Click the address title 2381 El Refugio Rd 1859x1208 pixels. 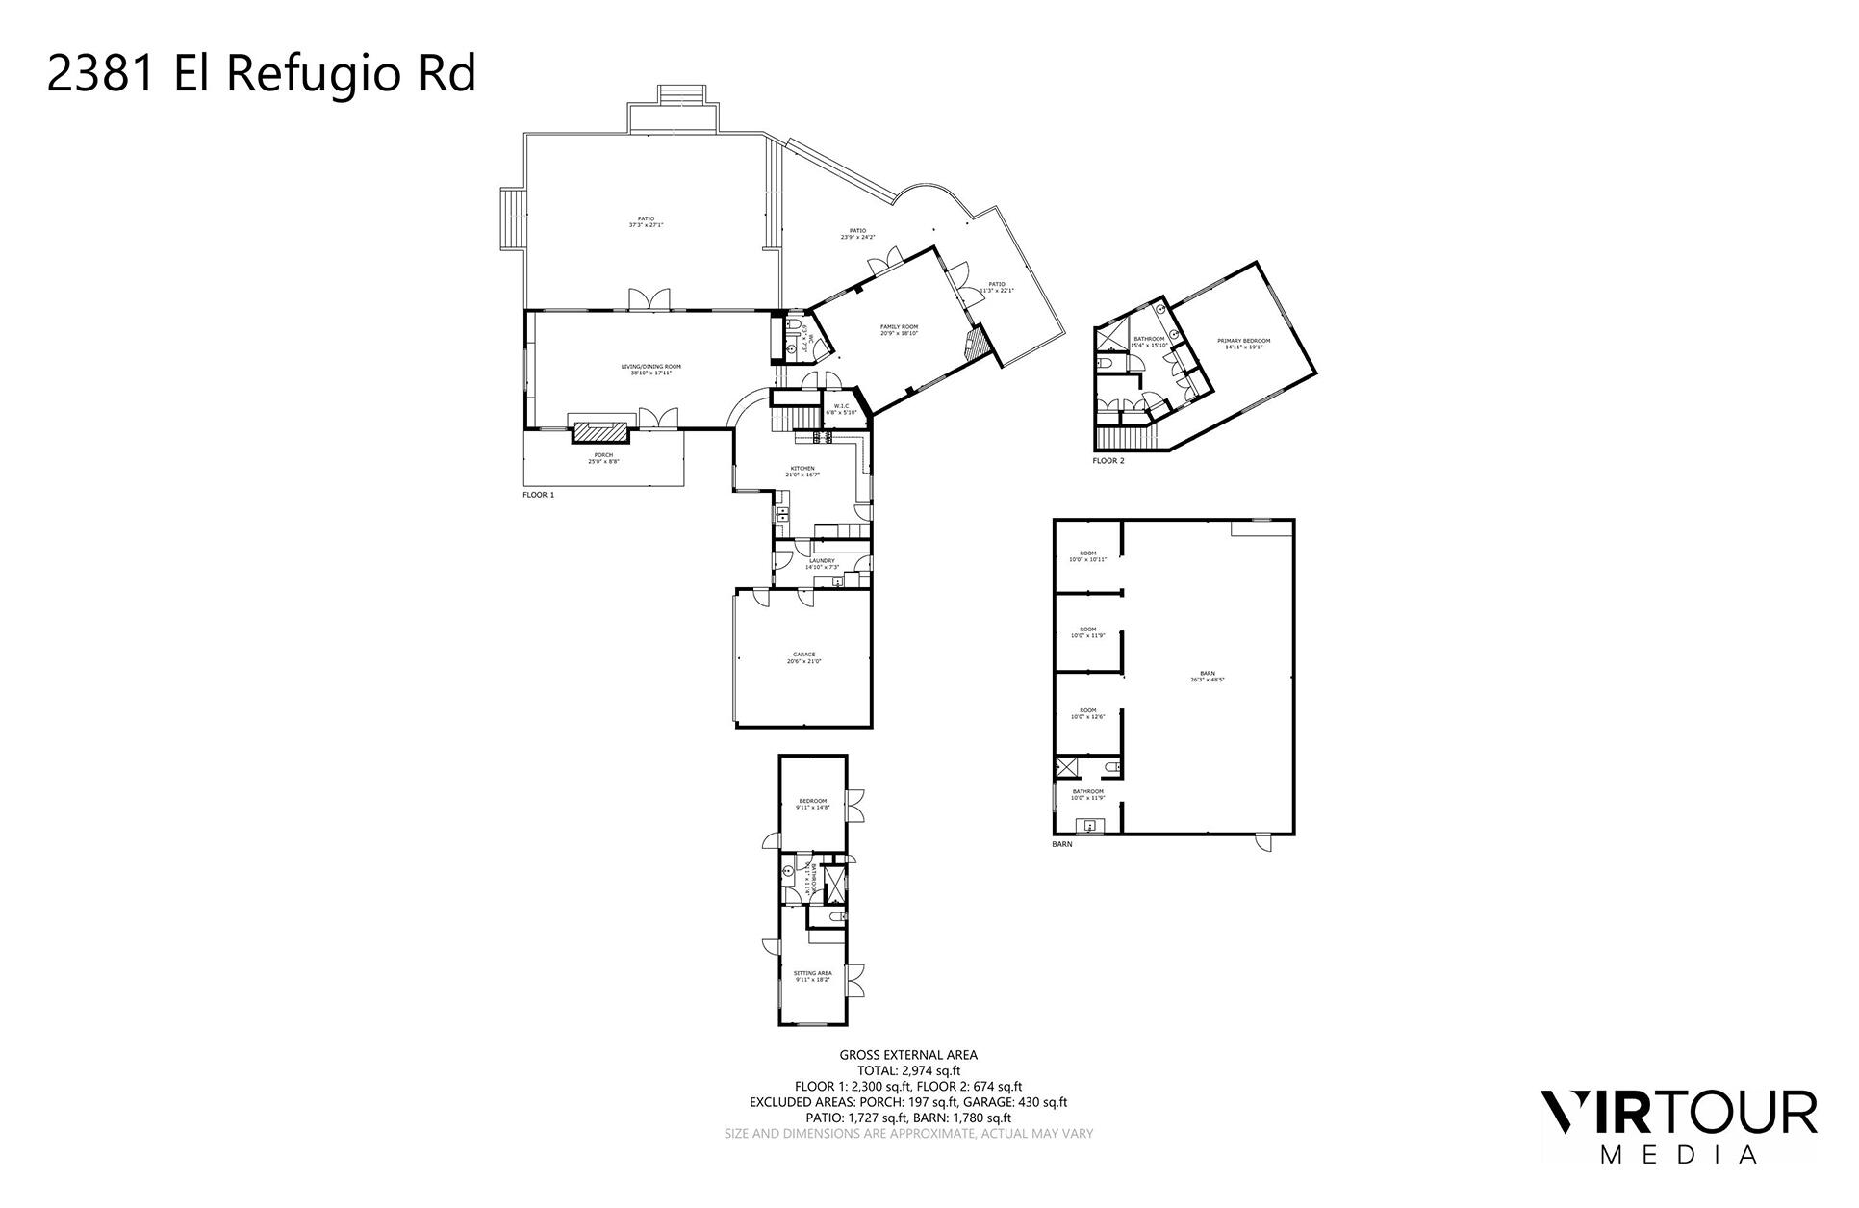[261, 75]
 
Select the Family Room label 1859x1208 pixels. [899, 330]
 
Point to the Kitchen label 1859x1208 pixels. [802, 472]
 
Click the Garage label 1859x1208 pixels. [803, 657]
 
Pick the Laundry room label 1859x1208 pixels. [822, 563]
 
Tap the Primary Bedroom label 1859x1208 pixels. [1243, 344]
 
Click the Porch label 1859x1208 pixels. [603, 458]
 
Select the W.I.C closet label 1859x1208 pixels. [841, 409]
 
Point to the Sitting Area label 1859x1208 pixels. [812, 976]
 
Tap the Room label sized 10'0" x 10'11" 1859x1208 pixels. [1087, 555]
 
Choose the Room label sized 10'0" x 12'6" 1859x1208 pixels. [1087, 713]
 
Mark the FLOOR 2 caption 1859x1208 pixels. [1108, 461]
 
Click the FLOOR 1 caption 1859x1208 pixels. [538, 495]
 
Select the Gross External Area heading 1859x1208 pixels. [908, 1055]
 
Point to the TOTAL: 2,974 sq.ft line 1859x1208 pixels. [908, 1070]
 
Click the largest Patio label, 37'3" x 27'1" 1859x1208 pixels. [646, 221]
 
